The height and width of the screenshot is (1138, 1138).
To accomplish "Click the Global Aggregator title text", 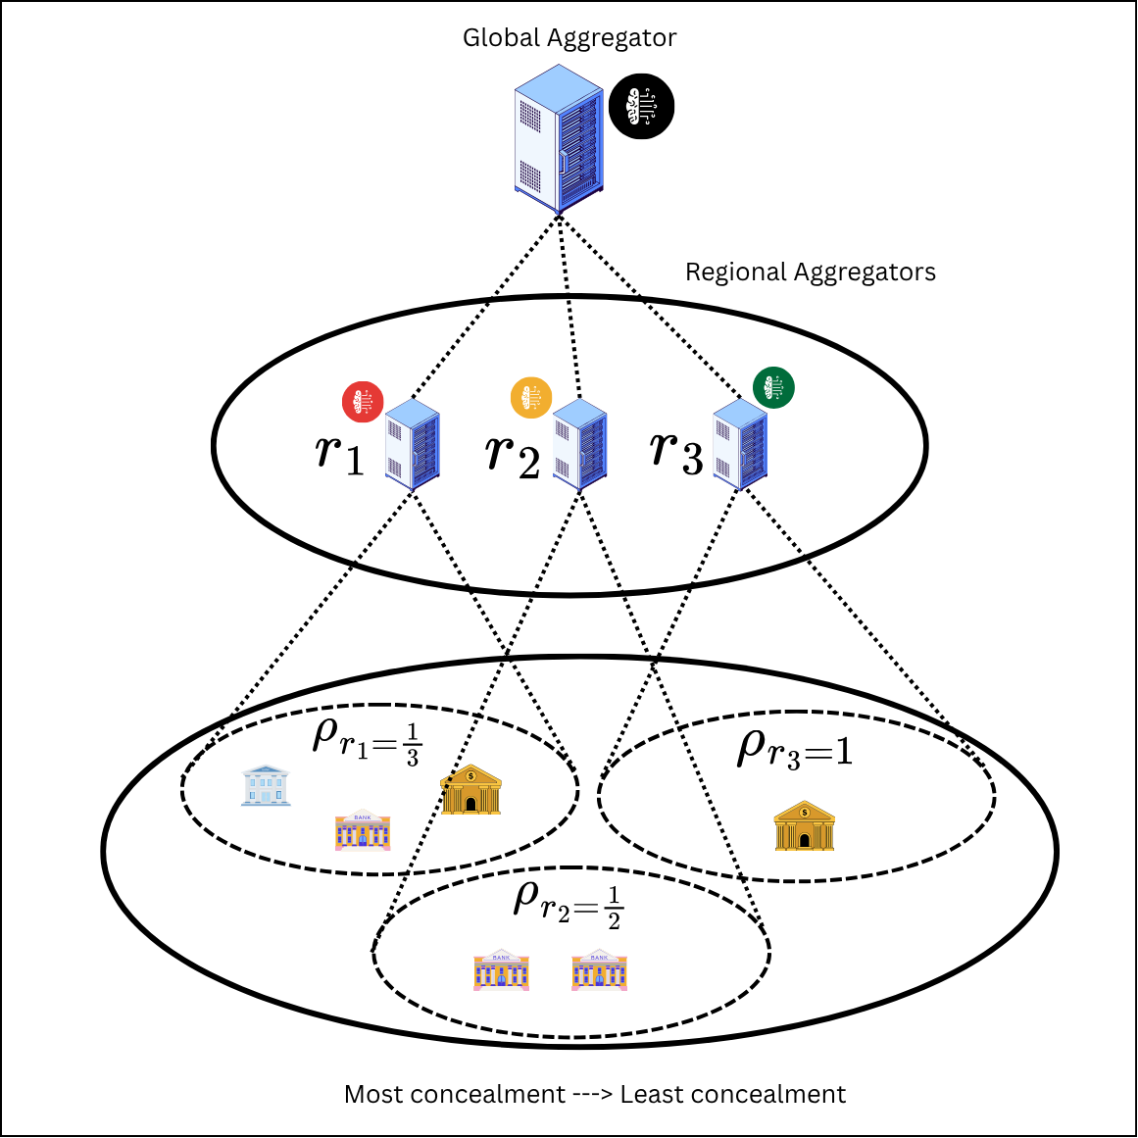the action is pos(569,38).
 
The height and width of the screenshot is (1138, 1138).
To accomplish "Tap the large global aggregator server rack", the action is pos(559,138).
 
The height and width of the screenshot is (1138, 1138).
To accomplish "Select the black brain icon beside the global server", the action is pos(641,106).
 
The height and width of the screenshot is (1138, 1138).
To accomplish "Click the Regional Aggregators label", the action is pos(810,272).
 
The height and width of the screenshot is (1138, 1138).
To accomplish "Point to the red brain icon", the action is pos(363,401).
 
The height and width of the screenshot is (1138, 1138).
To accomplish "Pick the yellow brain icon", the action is pos(531,398).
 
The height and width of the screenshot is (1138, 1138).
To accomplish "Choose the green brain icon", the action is pos(773,387).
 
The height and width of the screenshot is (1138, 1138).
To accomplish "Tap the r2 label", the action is pos(513,455).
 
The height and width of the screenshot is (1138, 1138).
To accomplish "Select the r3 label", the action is pos(676,452).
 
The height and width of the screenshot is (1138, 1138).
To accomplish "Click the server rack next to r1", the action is pos(413,444).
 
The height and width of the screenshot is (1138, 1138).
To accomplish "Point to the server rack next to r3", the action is pos(740,444).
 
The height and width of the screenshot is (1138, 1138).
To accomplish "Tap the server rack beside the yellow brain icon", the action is pos(580,444).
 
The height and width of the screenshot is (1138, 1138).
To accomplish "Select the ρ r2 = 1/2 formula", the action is pos(569,905).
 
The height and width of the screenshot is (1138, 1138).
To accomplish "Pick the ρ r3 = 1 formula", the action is pos(795,748).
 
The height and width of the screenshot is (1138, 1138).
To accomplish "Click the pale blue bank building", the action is pos(266,785).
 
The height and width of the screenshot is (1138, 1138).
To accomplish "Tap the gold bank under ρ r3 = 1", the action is pos(804,825).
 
